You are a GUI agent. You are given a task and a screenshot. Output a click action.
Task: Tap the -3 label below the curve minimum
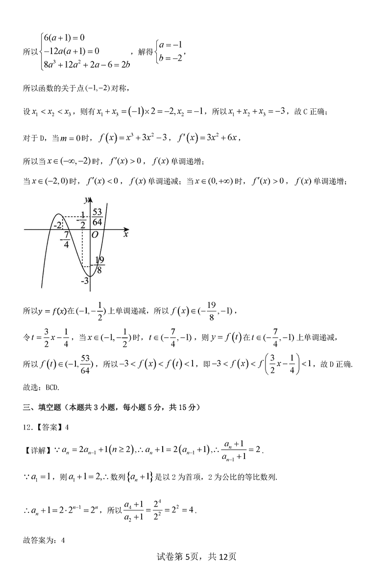tap(85, 280)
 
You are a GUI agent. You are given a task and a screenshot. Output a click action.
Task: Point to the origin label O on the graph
tap(96, 235)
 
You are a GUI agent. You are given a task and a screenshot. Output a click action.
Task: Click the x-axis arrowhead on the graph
tap(127, 229)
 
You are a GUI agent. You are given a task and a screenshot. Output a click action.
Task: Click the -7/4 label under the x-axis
tap(65, 240)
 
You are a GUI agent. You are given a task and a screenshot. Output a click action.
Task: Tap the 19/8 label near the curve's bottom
tap(99, 265)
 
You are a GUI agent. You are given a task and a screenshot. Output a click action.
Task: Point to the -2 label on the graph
tap(57, 225)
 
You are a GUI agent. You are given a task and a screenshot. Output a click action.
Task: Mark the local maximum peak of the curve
tap(58, 214)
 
